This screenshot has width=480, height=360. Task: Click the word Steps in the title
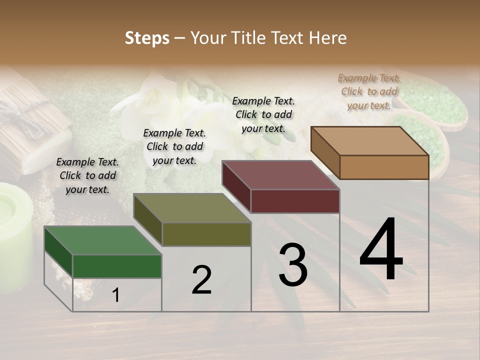[x=147, y=38]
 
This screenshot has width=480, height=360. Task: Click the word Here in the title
[x=326, y=38]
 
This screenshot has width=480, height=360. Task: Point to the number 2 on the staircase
[x=201, y=280]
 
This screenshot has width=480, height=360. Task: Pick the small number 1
[x=116, y=295]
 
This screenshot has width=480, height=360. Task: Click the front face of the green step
[x=117, y=266]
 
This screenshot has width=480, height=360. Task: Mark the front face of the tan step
[x=384, y=167]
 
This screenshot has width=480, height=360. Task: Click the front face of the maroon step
[x=295, y=201]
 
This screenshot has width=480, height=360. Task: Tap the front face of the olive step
[x=206, y=234]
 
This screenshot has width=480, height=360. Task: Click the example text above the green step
[x=87, y=175]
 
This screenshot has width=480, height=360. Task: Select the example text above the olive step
[x=174, y=146]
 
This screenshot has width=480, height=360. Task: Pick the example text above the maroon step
[x=263, y=114]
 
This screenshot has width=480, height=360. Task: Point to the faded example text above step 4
[x=369, y=91]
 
